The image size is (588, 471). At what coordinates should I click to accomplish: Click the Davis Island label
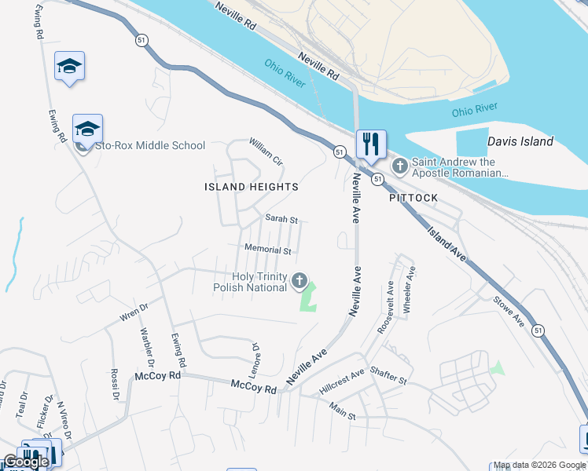[x=520, y=142]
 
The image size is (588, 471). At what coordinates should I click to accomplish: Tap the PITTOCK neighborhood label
[x=413, y=199]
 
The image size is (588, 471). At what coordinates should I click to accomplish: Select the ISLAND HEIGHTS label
[x=252, y=187]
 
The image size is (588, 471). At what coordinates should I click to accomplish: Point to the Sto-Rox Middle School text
[x=149, y=145]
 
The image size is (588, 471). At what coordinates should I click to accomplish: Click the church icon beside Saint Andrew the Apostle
[x=399, y=166]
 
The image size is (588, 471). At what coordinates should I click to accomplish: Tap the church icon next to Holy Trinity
[x=300, y=280]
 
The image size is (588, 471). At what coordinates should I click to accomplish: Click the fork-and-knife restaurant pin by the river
[x=371, y=144]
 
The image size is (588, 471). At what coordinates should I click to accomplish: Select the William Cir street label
[x=266, y=152]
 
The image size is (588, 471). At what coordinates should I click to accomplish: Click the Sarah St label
[x=281, y=219]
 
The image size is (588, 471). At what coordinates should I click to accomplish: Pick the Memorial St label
[x=268, y=250]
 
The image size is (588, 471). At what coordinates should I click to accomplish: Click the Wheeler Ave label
[x=409, y=290]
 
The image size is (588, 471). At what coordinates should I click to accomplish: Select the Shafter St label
[x=388, y=377]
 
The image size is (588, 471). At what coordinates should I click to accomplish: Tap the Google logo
[x=26, y=462]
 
